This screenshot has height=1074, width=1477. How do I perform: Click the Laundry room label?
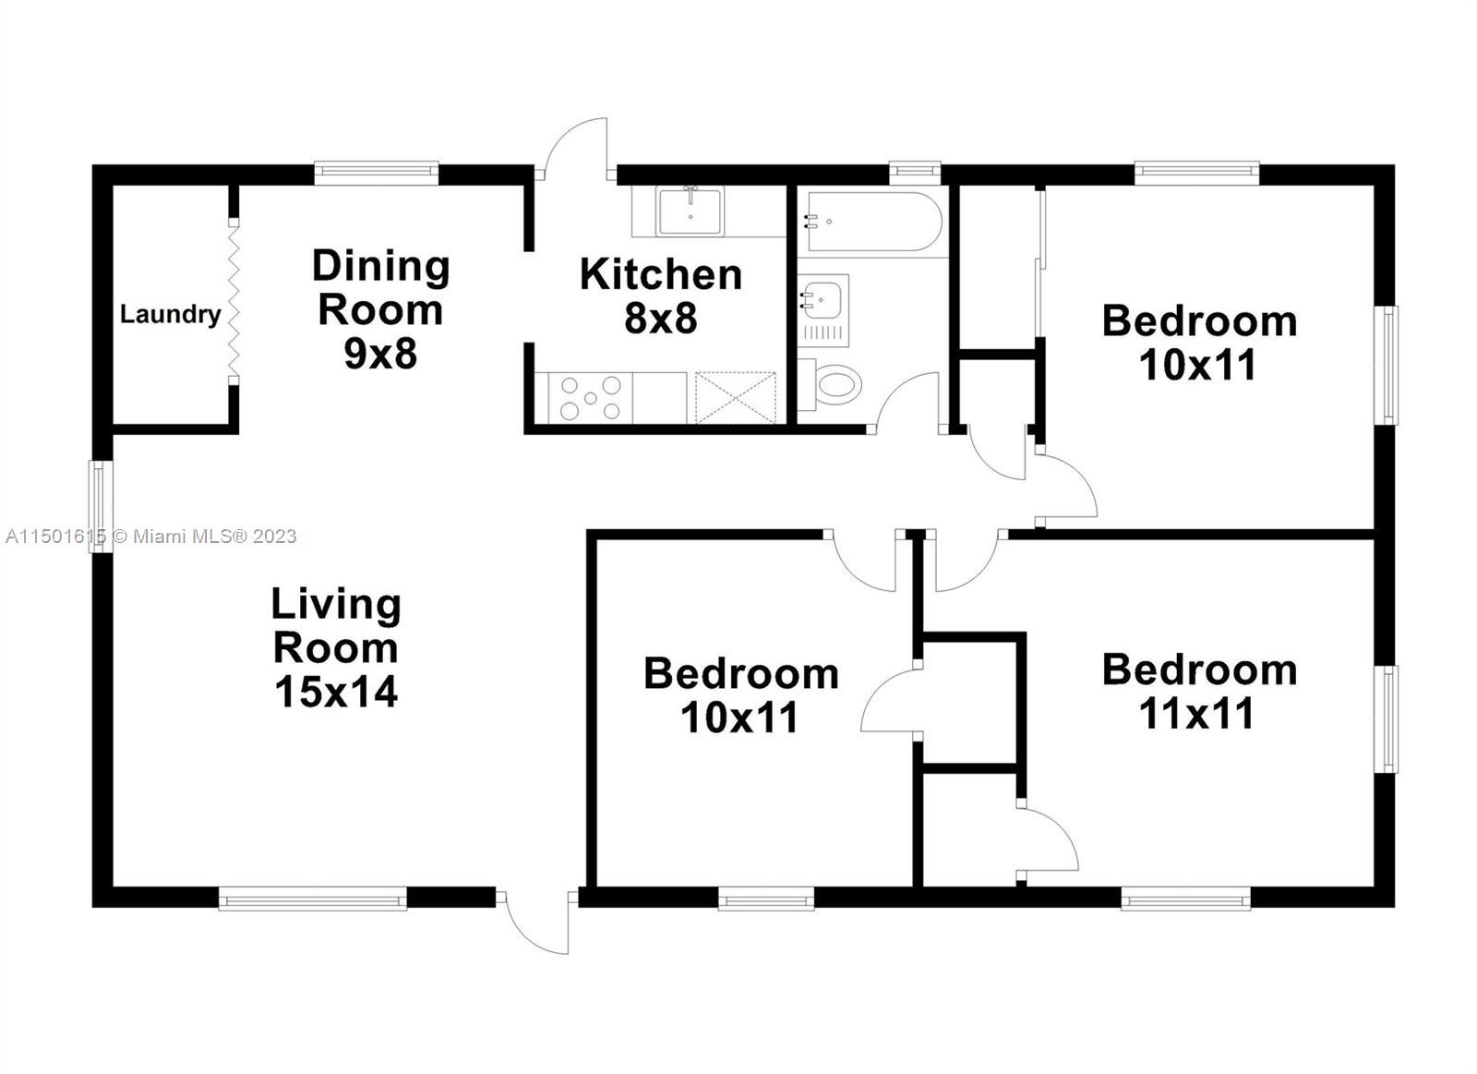170,315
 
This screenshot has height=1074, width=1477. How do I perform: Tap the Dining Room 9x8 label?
380,308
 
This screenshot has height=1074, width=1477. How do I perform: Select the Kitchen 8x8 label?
660,296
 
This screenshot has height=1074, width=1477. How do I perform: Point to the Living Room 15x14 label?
336,647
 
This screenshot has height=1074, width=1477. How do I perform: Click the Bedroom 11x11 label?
1199,691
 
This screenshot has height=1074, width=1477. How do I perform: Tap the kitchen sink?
690,211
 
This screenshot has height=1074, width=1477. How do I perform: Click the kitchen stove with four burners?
591,398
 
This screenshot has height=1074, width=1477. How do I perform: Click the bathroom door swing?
908,402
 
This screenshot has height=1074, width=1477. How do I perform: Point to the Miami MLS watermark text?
150,537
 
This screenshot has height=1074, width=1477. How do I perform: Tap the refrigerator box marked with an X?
736,397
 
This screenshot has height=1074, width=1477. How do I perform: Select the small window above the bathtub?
915,170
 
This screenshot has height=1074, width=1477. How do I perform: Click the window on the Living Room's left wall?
100,506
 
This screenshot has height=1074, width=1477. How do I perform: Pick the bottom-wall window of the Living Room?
313,898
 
